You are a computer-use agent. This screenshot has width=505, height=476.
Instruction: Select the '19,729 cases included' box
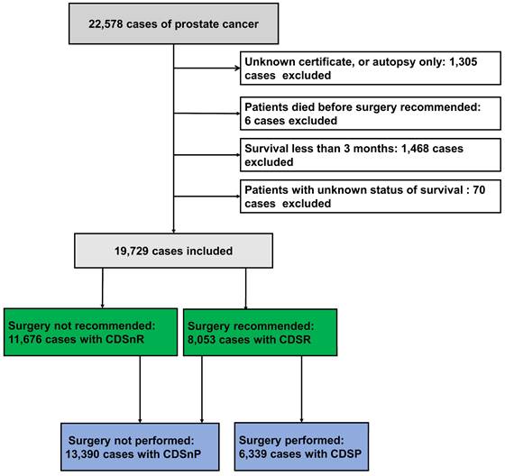[x=172, y=250]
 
